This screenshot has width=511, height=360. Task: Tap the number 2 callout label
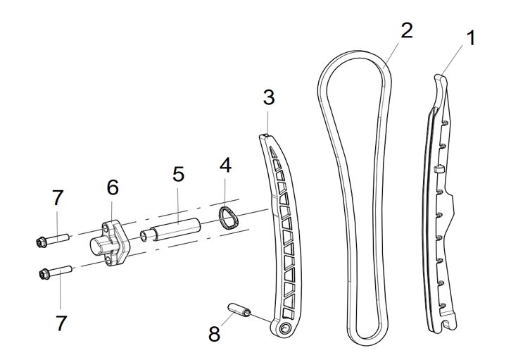[406, 30]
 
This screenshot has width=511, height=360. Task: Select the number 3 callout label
[269, 97]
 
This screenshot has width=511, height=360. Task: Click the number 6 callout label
[113, 187]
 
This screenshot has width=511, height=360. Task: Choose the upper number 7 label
[58, 198]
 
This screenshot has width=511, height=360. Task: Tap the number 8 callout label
[214, 333]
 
